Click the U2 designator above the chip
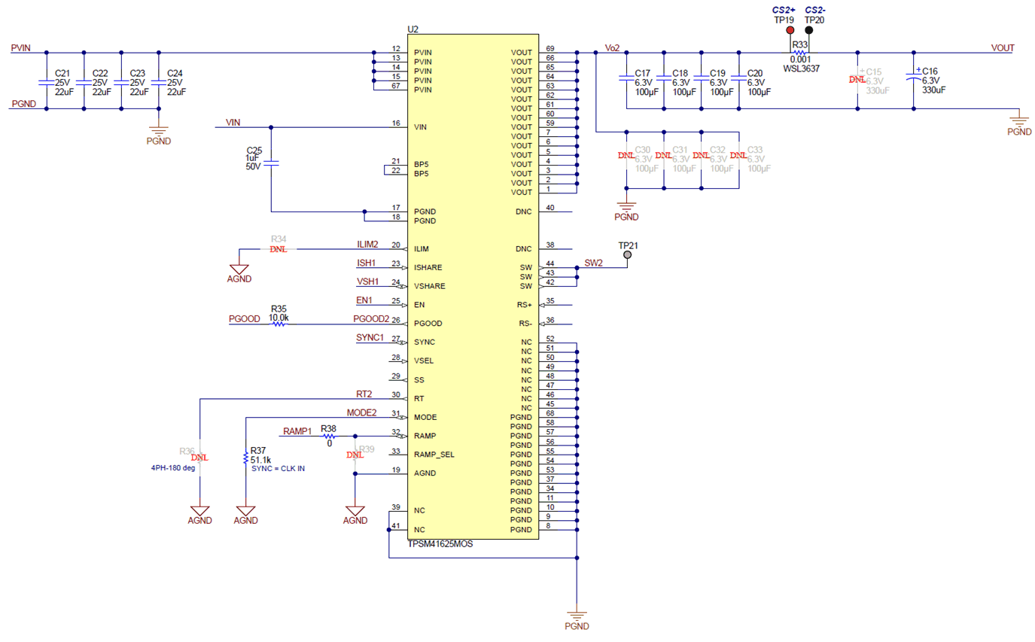(412, 29)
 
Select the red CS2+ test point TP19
(790, 31)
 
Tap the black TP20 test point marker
(809, 31)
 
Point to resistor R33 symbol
(799, 53)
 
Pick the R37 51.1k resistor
(246, 458)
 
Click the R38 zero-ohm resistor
(328, 437)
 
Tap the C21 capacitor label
(62, 73)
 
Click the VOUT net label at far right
(1002, 47)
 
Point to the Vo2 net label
(612, 47)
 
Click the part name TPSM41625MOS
(440, 543)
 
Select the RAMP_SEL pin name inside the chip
(434, 455)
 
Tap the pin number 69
(550, 48)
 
